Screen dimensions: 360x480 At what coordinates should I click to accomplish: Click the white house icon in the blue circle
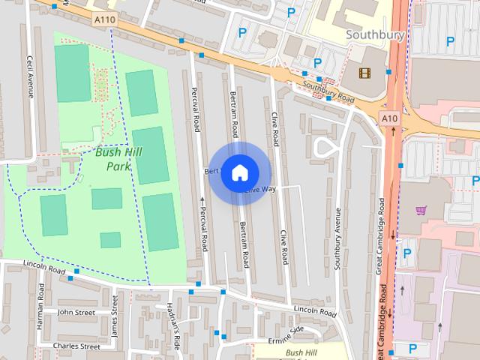239,172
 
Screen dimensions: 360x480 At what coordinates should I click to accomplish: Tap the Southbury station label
375,34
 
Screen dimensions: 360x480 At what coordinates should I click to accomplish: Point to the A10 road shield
388,118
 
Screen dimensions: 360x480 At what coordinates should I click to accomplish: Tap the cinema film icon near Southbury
364,73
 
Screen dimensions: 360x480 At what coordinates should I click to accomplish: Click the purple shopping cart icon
421,211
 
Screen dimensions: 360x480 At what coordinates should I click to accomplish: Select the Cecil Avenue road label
31,76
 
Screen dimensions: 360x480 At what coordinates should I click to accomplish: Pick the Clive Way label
261,189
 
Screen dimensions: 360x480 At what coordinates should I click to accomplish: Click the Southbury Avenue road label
338,238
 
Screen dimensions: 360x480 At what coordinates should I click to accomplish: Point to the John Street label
76,312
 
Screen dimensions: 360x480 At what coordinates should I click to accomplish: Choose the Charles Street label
76,346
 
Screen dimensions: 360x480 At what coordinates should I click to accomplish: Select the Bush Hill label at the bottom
302,352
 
